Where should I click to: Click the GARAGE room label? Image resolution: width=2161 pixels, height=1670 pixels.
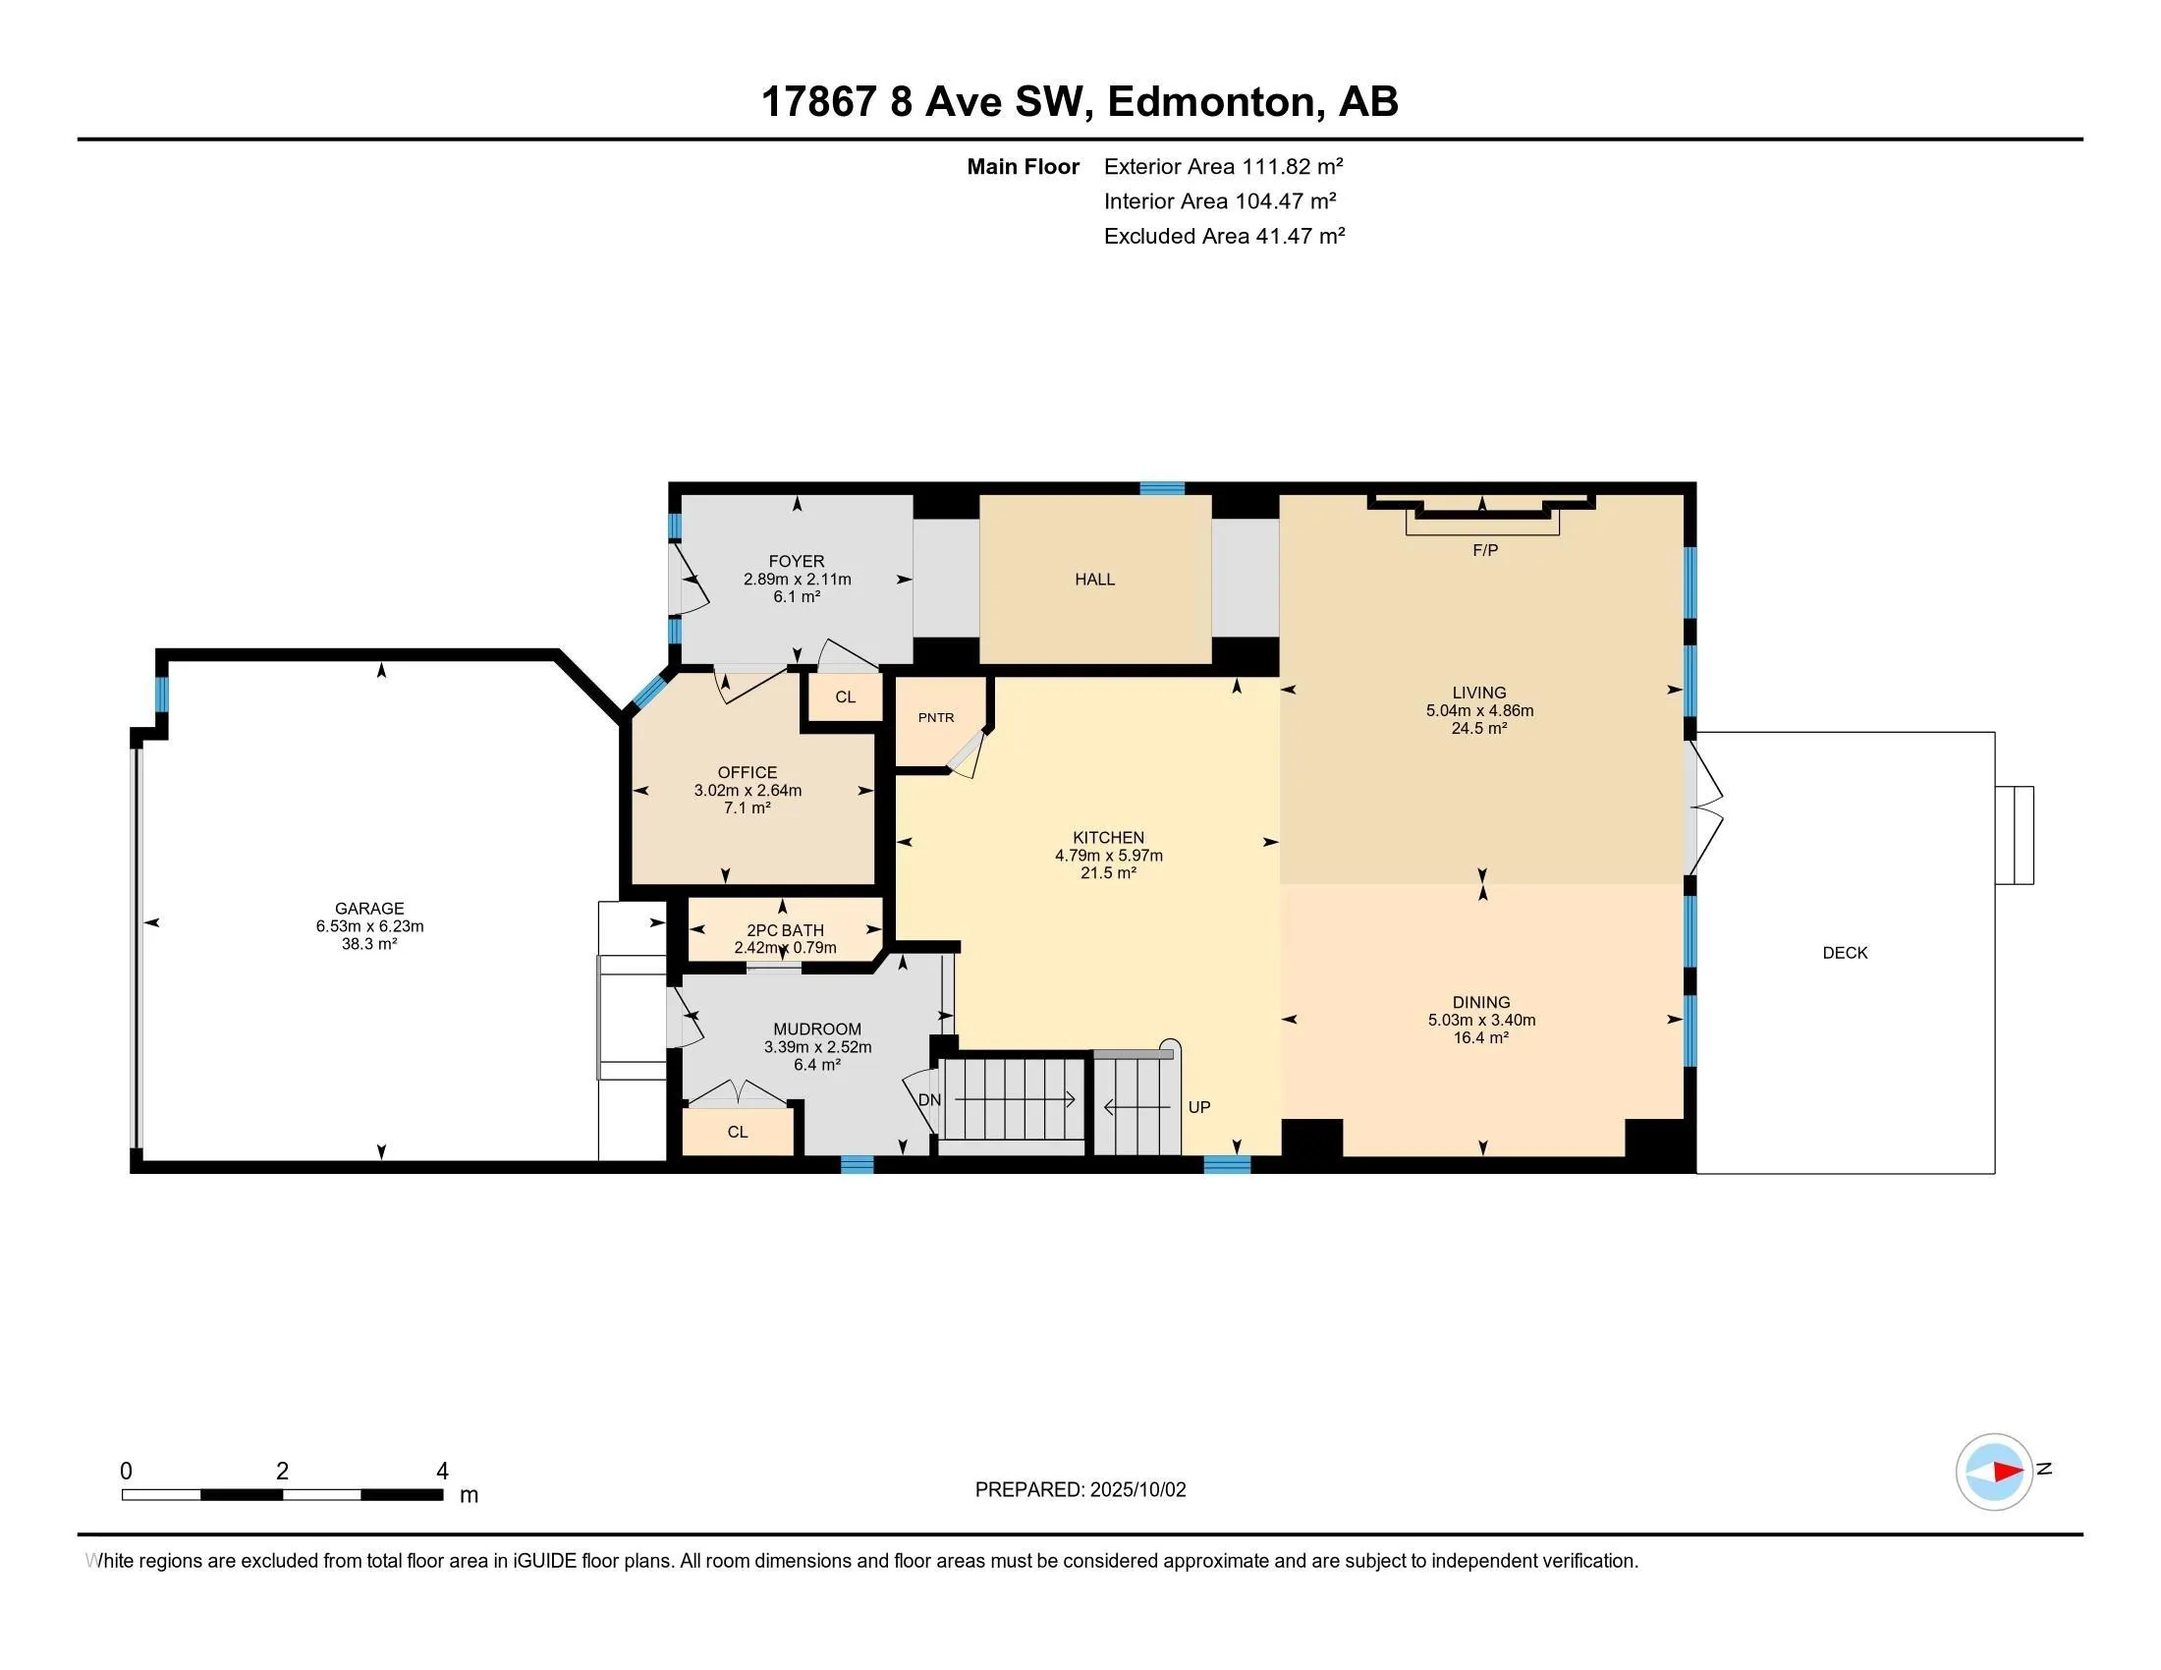click(369, 909)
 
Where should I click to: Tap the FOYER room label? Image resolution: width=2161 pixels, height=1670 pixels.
click(797, 561)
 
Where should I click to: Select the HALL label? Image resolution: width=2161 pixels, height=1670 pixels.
click(1094, 579)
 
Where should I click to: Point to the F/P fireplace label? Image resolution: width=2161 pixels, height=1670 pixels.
click(1485, 550)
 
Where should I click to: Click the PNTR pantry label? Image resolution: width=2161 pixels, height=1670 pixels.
click(936, 717)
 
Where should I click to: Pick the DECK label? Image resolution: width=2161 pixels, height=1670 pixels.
click(1846, 953)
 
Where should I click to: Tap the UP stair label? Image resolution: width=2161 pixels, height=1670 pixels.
click(1199, 1107)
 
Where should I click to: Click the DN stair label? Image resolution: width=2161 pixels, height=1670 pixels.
click(929, 1100)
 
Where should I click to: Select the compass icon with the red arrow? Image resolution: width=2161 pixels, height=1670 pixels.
click(1994, 1472)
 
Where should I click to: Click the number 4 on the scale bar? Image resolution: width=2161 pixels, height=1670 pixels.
click(442, 1472)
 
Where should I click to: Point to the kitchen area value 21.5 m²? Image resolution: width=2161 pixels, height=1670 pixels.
click(1108, 873)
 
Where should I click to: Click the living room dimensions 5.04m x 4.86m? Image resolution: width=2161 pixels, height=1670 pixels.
click(1479, 710)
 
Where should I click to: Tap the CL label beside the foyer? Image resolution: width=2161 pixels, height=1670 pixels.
click(845, 696)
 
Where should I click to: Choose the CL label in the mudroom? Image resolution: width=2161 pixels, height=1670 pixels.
click(737, 1132)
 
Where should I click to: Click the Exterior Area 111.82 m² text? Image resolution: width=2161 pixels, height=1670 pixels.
click(1223, 166)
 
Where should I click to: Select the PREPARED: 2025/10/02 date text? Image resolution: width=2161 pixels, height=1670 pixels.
click(1080, 1490)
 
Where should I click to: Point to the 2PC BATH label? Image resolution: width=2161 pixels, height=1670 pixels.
click(785, 930)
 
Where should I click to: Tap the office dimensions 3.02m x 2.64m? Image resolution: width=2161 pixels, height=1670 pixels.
click(748, 791)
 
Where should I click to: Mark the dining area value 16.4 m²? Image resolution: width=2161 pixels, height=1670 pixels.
click(1480, 1037)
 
